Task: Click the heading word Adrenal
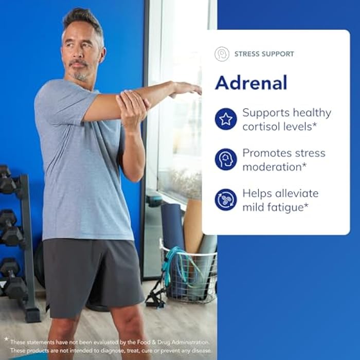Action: pyautogui.click(x=250, y=82)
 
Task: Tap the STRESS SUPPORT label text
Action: pyautogui.click(x=264, y=54)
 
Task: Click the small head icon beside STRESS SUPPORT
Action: pyautogui.click(x=222, y=54)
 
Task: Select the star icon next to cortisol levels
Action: pyautogui.click(x=226, y=119)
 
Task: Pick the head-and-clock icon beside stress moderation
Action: pyautogui.click(x=226, y=159)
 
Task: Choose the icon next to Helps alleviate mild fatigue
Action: pyautogui.click(x=226, y=199)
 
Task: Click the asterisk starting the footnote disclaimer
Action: pyautogui.click(x=6, y=339)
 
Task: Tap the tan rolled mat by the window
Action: pyautogui.click(x=193, y=226)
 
